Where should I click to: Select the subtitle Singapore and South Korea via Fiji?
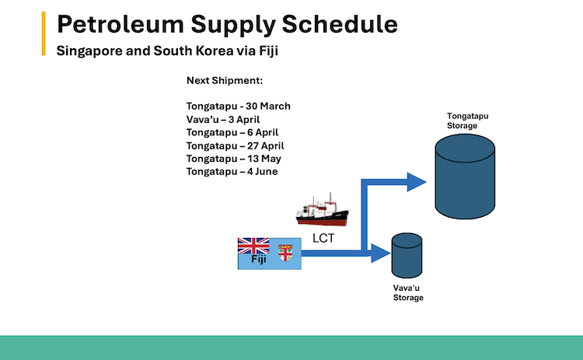[165, 52]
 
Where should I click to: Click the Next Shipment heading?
[225, 81]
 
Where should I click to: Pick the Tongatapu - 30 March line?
[238, 106]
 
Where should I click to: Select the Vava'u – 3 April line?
[223, 119]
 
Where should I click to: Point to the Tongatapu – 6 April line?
[233, 132]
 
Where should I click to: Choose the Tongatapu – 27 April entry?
[236, 145]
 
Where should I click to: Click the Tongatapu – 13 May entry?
[233, 159]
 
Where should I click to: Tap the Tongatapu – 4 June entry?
[232, 172]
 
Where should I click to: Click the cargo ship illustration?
[323, 212]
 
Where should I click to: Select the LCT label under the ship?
[323, 239]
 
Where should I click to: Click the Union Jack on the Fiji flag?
[253, 246]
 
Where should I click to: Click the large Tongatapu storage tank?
[465, 177]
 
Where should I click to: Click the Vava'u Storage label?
[408, 292]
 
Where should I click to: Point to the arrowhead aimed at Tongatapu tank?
[417, 183]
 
